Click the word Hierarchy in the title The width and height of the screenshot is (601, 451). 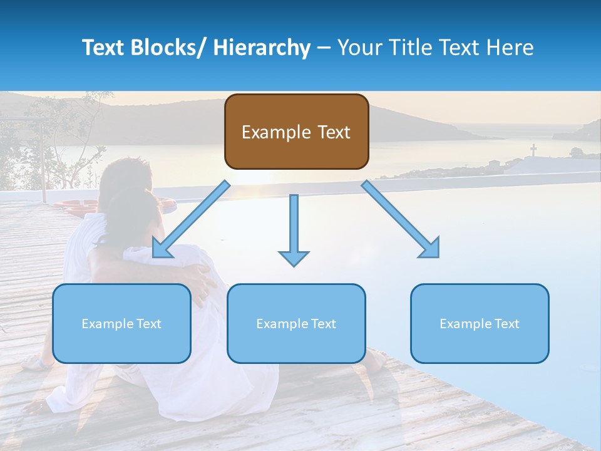262,48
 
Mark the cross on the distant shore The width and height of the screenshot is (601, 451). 533,150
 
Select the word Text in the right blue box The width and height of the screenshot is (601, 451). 506,324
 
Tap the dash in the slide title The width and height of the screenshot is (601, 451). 324,48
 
